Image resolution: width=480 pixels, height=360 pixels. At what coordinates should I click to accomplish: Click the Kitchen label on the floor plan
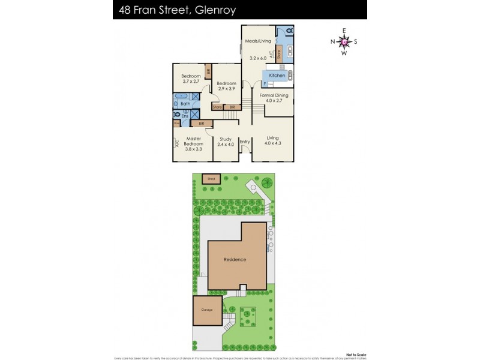277,75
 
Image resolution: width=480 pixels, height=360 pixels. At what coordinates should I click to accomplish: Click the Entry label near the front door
245,142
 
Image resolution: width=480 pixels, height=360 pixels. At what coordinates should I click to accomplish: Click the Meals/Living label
259,41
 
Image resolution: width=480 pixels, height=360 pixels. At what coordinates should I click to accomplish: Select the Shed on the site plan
211,178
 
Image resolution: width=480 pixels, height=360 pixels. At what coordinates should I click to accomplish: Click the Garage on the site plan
206,310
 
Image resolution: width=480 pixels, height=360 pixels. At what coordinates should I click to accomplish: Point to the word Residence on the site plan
235,260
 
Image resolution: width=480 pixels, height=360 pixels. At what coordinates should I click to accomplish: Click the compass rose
344,41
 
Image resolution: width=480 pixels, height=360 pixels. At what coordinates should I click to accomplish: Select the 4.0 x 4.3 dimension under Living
273,144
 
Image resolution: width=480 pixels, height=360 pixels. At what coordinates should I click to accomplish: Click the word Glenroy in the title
212,10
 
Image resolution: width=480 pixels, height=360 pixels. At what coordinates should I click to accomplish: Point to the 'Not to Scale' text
352,354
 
